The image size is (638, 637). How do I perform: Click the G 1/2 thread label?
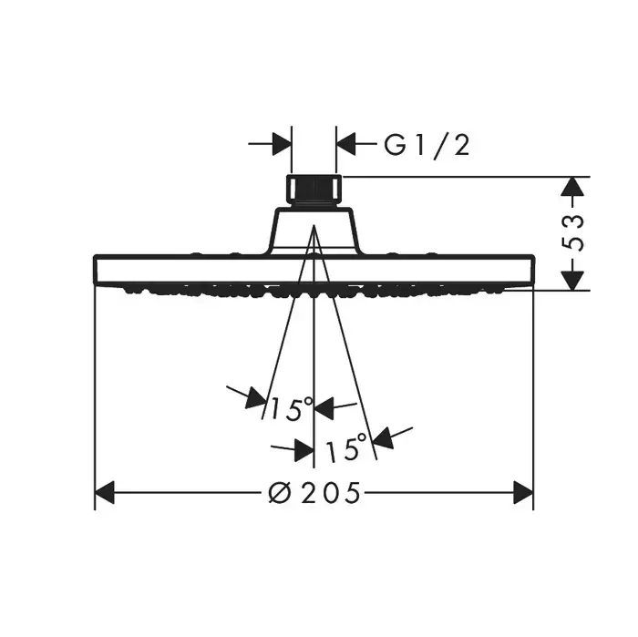click(x=427, y=145)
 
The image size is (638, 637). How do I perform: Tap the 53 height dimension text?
click(x=573, y=232)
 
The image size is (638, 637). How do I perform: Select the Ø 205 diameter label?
click(x=314, y=493)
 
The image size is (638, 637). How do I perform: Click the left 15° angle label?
click(x=292, y=408)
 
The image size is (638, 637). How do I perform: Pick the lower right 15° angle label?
click(x=346, y=447)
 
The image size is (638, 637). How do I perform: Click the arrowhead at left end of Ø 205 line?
click(x=105, y=493)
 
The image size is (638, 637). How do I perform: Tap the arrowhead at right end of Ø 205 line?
click(x=523, y=493)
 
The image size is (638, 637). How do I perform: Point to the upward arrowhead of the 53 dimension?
click(x=573, y=187)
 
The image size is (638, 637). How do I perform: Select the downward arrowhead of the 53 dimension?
click(x=573, y=281)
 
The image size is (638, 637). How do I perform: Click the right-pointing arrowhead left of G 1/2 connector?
click(x=282, y=144)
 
